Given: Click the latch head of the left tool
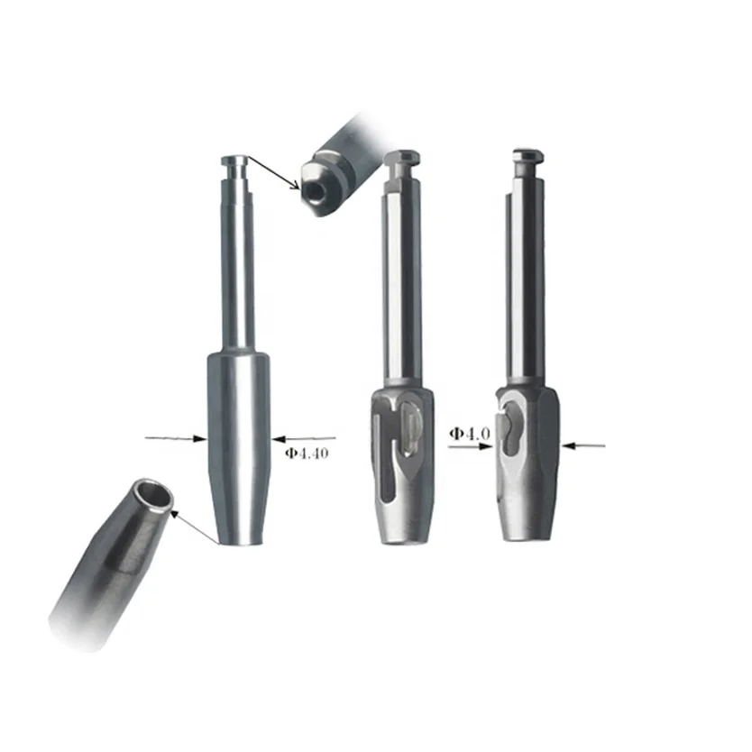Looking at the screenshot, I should (237, 162).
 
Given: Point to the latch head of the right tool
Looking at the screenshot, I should (526, 159).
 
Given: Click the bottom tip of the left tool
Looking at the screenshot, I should (239, 539).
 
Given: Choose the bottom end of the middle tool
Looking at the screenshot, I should (405, 537).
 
